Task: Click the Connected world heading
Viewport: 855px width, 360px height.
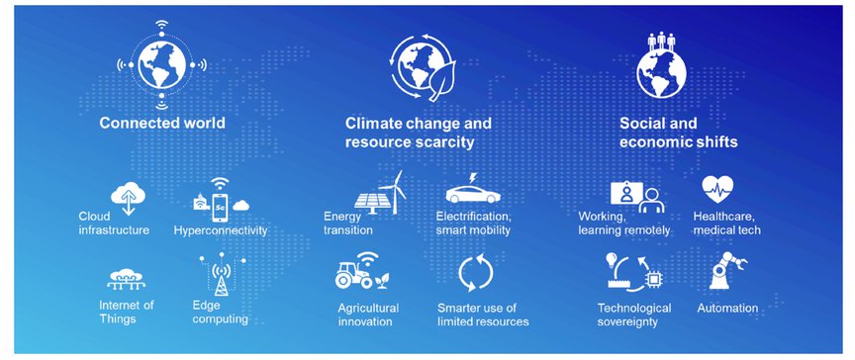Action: coord(162,123)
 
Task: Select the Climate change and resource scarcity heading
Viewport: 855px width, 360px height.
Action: coord(419,133)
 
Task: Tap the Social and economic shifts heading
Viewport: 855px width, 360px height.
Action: coord(678,133)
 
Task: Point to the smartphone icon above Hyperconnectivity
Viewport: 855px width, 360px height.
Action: coord(220,208)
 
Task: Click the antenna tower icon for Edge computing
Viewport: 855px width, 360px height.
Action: coord(221,275)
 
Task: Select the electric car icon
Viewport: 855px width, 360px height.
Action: coord(473,193)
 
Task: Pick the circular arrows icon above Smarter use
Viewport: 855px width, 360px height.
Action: coord(475,272)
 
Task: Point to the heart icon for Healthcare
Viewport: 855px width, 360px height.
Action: coord(717,190)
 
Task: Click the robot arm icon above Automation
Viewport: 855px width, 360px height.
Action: coord(727,270)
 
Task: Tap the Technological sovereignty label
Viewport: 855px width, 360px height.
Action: coord(634,315)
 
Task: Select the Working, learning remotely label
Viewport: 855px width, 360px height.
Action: coord(624,224)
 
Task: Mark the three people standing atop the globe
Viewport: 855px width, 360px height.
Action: coord(661,41)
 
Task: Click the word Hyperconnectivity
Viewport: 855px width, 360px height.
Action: coord(221,230)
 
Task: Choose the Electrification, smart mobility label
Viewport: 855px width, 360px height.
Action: coord(473,224)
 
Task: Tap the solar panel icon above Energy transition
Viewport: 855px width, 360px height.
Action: coord(372,202)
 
